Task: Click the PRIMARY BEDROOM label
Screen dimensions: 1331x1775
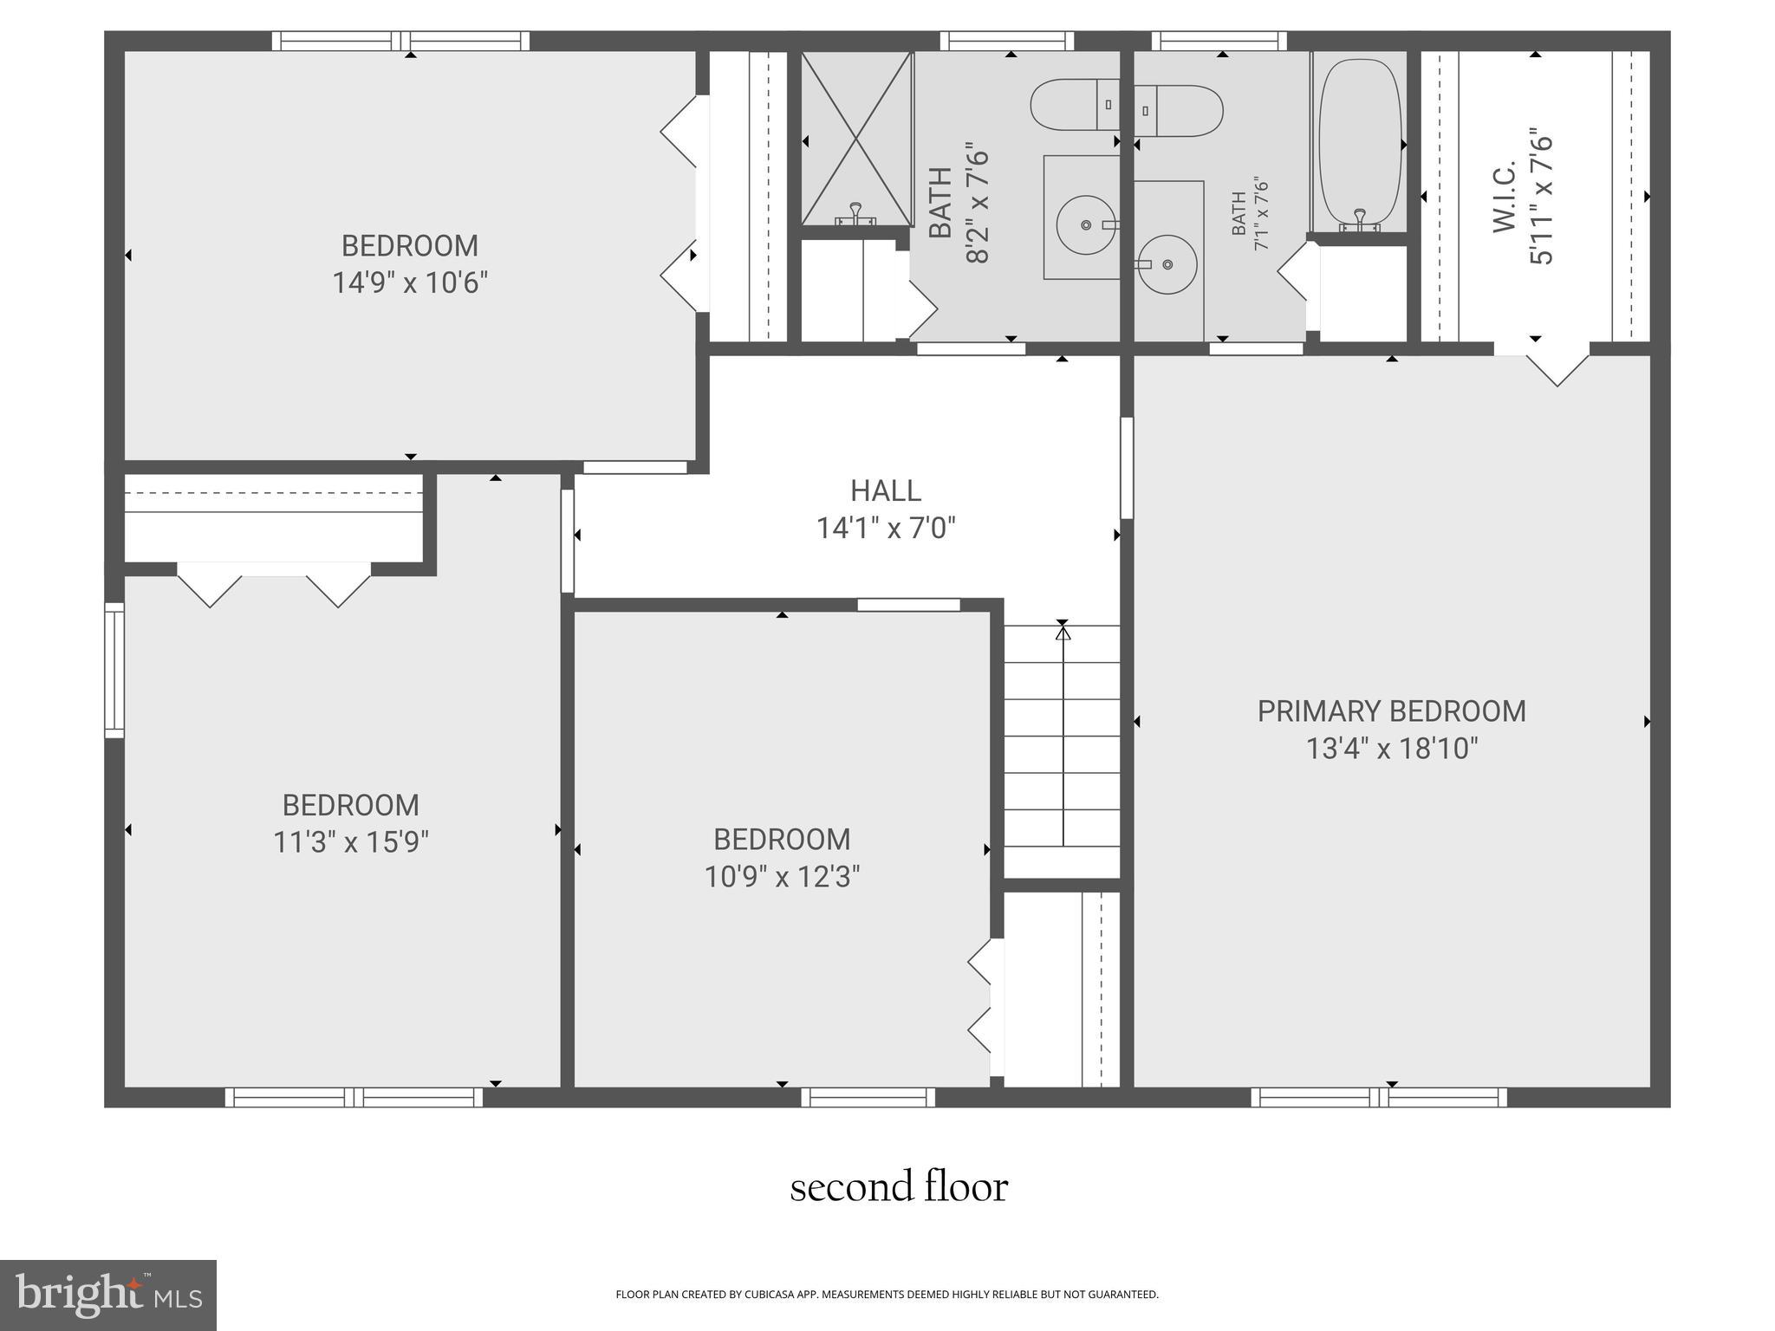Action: click(x=1391, y=711)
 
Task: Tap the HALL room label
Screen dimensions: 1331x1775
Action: click(x=885, y=491)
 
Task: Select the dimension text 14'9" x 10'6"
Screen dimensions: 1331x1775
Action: click(x=410, y=283)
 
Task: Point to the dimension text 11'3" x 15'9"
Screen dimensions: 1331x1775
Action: click(x=351, y=842)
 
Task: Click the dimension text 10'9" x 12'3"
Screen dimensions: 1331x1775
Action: click(x=782, y=877)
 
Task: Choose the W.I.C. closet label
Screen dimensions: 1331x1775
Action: click(x=1504, y=197)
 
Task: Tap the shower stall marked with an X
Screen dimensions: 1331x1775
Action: click(x=856, y=138)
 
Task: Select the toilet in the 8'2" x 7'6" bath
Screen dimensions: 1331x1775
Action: click(x=1074, y=105)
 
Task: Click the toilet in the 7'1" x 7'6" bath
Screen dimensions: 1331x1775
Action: click(x=1180, y=111)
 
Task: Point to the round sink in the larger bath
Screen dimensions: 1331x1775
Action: click(x=1085, y=225)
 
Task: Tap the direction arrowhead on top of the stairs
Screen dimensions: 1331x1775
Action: click(x=1063, y=633)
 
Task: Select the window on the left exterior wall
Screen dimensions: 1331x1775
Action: click(x=114, y=671)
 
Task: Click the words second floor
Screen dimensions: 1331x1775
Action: click(x=899, y=1187)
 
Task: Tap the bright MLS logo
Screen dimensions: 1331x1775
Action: click(x=107, y=1295)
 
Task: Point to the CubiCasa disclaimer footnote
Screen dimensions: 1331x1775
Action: click(x=887, y=1295)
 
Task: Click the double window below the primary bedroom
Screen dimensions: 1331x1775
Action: click(x=1378, y=1098)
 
